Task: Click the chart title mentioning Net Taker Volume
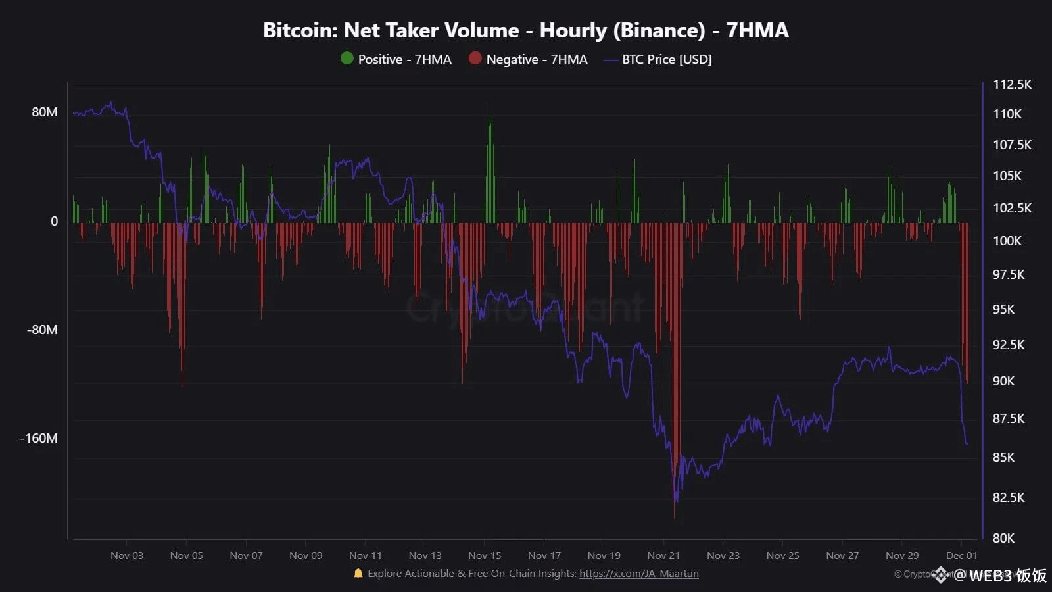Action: click(x=525, y=30)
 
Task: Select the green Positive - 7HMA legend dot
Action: click(x=347, y=59)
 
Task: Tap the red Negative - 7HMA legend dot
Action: click(x=475, y=59)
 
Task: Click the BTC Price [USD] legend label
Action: click(x=667, y=59)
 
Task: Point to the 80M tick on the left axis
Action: click(x=45, y=112)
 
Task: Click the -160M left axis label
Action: click(x=39, y=438)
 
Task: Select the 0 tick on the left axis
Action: click(x=55, y=221)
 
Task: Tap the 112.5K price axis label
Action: click(x=1012, y=84)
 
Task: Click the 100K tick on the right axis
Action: click(x=1007, y=241)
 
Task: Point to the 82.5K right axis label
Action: click(x=1008, y=497)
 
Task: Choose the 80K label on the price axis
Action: click(x=1003, y=538)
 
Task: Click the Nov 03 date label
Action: click(x=127, y=555)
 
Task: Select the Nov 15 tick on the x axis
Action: click(x=485, y=555)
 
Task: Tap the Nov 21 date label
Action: click(x=663, y=555)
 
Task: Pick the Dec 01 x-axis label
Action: click(x=961, y=555)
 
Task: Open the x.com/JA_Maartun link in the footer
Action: click(x=638, y=574)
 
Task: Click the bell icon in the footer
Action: click(x=358, y=574)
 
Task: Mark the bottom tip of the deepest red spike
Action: click(x=674, y=516)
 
